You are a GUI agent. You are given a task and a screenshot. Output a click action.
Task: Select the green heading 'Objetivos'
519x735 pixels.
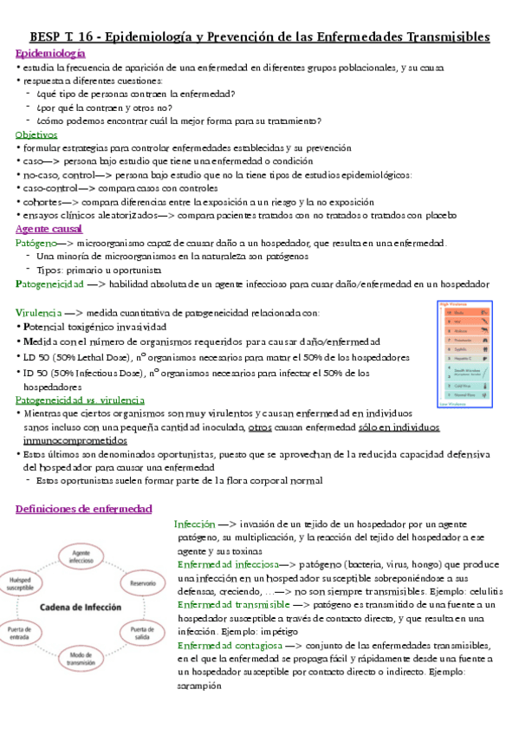pos(36,135)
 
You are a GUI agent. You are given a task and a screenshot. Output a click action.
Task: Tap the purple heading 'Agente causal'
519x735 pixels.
pos(49,230)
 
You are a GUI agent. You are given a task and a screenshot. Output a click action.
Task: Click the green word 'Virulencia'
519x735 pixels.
pos(38,311)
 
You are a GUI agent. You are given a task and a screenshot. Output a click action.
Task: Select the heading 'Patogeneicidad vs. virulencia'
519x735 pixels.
pos(80,400)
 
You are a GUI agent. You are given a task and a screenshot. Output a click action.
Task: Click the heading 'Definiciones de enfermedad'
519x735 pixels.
pos(83,509)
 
